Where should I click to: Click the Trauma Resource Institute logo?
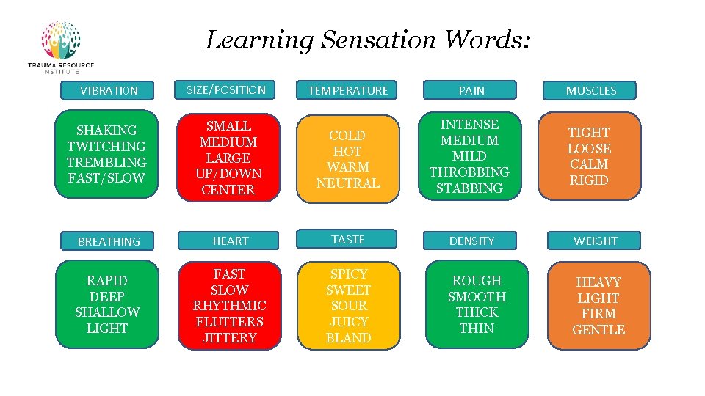click(x=61, y=47)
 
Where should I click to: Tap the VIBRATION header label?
click(x=109, y=91)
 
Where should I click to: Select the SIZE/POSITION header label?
click(x=226, y=90)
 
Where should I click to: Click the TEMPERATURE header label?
click(x=347, y=91)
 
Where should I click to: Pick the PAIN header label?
click(x=471, y=91)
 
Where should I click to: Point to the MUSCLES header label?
click(x=590, y=91)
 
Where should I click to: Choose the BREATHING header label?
click(x=109, y=241)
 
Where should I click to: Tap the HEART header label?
click(x=230, y=241)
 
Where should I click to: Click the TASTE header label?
click(x=347, y=239)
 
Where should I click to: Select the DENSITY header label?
click(x=471, y=241)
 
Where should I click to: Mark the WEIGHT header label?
click(x=595, y=241)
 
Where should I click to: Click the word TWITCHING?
click(x=106, y=147)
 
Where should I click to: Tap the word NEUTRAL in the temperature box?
click(x=347, y=183)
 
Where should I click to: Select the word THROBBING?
click(x=469, y=172)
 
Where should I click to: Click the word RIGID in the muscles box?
click(x=589, y=180)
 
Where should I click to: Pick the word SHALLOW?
click(x=107, y=312)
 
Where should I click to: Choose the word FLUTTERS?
click(x=229, y=321)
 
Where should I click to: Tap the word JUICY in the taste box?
click(x=348, y=322)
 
